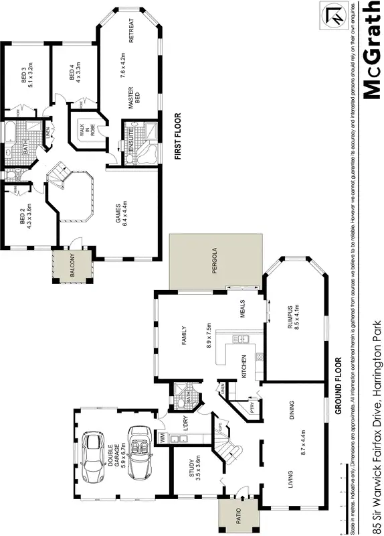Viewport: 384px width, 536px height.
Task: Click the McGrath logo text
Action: click(369, 51)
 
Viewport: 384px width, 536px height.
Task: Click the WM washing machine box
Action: click(162, 438)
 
